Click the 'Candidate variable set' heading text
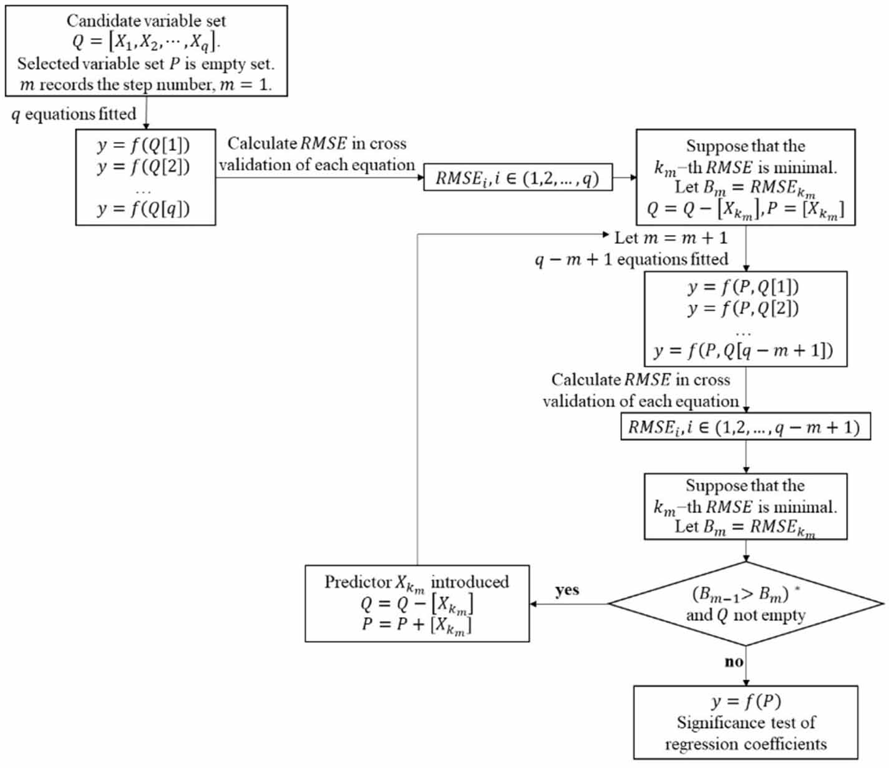point(146,21)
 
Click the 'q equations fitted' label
point(74,115)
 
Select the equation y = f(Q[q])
point(143,209)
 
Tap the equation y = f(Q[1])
point(143,145)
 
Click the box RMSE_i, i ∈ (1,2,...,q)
point(518,177)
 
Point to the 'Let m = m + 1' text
point(671,238)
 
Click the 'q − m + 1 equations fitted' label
point(631,259)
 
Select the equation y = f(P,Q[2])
point(743,308)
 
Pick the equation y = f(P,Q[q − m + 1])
point(743,351)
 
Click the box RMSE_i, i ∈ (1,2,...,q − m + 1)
point(746,426)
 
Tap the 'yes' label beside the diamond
point(567,590)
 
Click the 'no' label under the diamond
point(734,662)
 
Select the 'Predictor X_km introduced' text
point(417,582)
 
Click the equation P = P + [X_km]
point(417,625)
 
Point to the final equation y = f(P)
point(746,701)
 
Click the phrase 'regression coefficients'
point(746,744)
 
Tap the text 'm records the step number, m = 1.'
point(146,85)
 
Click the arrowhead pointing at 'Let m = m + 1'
point(606,234)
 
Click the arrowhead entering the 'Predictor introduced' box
point(533,604)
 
